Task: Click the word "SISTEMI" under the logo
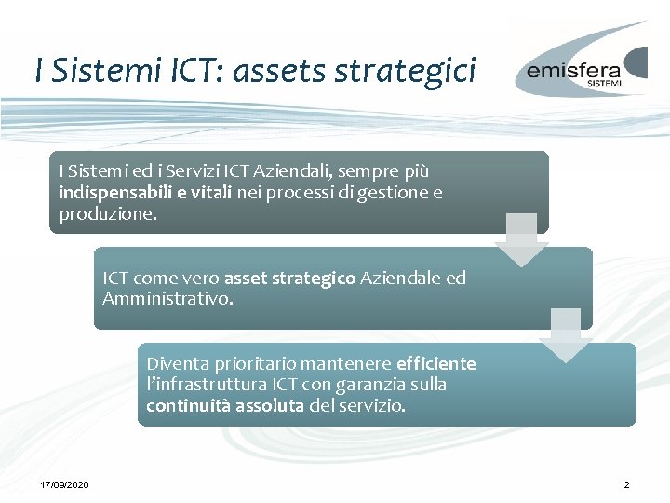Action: [604, 83]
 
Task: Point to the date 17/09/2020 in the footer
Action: [64, 485]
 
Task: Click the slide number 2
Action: [626, 485]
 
